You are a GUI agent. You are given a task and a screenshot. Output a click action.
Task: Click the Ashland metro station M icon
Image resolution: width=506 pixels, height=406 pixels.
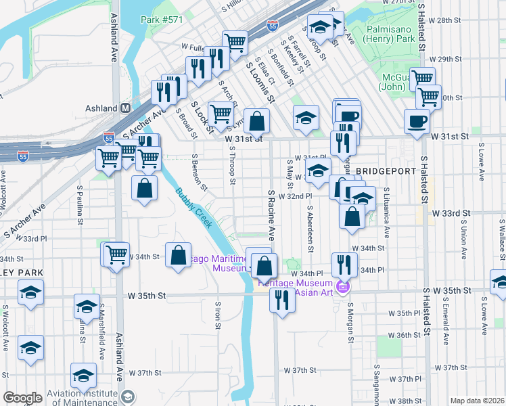pyautogui.click(x=126, y=108)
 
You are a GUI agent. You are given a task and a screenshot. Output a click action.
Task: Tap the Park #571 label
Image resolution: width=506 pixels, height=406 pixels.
pyautogui.click(x=162, y=20)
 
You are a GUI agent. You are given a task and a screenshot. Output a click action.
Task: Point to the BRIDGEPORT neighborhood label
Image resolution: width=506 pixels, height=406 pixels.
pyautogui.click(x=385, y=171)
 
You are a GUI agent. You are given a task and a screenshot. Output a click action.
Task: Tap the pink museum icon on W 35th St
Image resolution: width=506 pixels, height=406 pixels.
pyautogui.click(x=342, y=288)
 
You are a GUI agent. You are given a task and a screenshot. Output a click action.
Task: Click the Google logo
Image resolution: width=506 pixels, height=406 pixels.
pyautogui.click(x=22, y=398)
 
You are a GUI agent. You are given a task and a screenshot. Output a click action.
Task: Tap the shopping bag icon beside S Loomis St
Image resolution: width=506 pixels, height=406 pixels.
pyautogui.click(x=257, y=122)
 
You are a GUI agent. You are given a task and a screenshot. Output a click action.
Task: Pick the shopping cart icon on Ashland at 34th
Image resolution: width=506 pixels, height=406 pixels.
pyautogui.click(x=117, y=254)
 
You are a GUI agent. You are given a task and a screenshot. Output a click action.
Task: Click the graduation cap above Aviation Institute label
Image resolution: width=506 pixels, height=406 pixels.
pyautogui.click(x=84, y=376)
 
